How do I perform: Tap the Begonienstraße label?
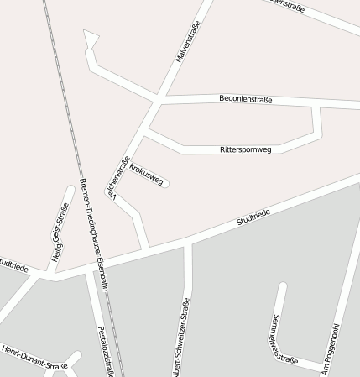245,99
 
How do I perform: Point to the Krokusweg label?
147,168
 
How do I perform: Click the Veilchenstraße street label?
117,176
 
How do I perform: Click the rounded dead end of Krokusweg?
166,182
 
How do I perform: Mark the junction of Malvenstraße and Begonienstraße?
160,100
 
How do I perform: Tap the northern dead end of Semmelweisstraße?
282,286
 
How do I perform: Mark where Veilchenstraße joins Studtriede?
148,251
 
